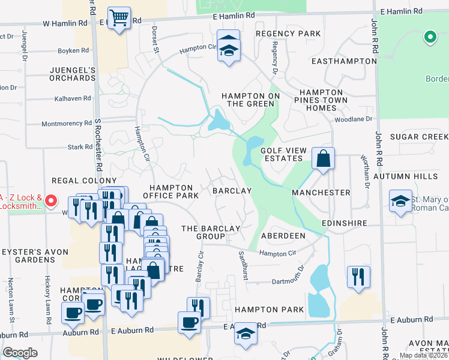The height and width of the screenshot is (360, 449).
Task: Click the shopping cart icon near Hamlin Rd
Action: [x=119, y=18]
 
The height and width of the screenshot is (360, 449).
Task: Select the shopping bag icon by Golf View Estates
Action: [x=323, y=160]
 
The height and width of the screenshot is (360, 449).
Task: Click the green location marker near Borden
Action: [x=429, y=37]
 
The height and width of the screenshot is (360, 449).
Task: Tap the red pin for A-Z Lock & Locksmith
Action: [x=51, y=201]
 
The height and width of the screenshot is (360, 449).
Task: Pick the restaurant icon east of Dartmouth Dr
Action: [x=358, y=277]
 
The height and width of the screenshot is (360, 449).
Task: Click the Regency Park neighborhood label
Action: [x=282, y=34]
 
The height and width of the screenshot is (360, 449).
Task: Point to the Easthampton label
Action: [x=337, y=61]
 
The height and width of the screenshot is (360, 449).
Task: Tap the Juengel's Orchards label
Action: [x=73, y=74]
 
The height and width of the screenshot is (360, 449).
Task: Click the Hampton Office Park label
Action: [x=171, y=191]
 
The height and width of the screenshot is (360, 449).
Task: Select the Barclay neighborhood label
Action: [x=232, y=191]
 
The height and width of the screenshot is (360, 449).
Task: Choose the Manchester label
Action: [x=321, y=193]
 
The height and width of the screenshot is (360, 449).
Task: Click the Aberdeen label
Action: [x=283, y=236]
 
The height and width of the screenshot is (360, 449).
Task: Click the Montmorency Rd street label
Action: [x=66, y=124]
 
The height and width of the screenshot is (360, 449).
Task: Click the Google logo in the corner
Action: [x=19, y=353]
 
